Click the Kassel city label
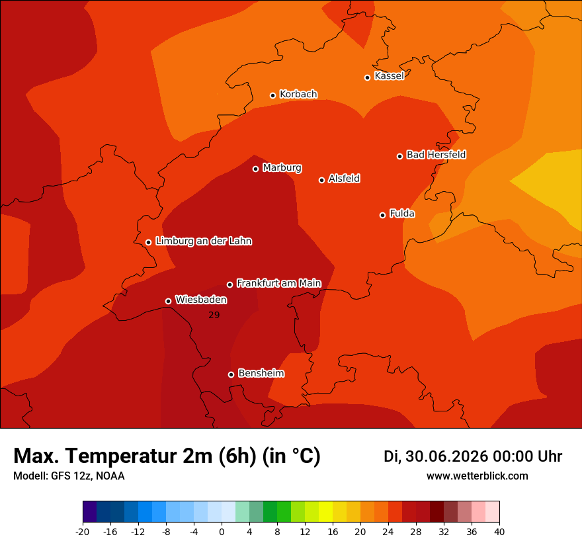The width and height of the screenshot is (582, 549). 389,75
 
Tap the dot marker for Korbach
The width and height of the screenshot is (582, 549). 272,95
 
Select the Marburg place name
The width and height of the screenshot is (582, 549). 282,168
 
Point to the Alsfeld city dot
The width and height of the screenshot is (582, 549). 322,180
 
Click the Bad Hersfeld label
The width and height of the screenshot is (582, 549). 436,154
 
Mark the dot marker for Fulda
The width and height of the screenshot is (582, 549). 383,215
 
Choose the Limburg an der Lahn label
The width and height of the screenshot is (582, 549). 204,241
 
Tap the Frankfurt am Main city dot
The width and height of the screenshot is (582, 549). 229,284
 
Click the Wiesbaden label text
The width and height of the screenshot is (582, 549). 201,300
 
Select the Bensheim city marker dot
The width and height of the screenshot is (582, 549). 231,374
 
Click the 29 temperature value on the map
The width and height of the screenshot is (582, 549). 214,315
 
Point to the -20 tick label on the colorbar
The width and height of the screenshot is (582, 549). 83,532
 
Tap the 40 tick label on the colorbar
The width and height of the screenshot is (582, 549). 499,532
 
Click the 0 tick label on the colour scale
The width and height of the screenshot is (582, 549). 222,532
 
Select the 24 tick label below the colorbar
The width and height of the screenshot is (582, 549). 388,532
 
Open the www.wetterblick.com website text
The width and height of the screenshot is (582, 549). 478,476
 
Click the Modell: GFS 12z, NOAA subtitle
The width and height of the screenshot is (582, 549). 69,476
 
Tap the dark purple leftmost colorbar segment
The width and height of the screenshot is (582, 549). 90,511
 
